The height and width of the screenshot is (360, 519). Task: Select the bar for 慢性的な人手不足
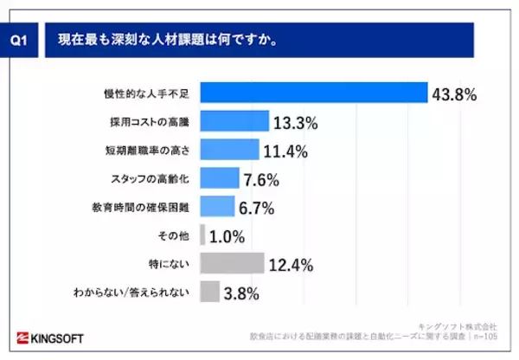313,93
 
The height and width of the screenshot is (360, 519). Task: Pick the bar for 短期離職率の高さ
228,150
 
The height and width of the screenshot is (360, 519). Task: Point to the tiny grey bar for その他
202,235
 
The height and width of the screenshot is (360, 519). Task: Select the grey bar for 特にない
231,263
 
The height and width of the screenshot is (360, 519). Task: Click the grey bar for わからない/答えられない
209,292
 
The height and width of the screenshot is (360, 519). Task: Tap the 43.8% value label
455,94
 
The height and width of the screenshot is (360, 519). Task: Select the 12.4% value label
292,263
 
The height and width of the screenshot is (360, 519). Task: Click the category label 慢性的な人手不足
152,93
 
